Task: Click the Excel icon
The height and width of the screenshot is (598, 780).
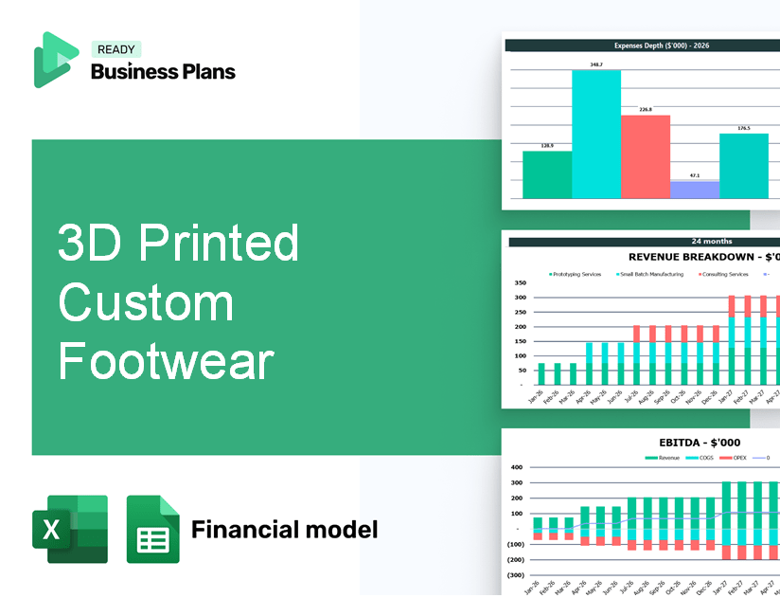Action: pos(69,529)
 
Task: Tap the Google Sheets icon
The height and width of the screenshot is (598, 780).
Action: pos(152,529)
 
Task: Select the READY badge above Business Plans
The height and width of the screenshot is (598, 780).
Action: pos(116,49)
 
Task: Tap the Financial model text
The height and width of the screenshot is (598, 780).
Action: pos(284,529)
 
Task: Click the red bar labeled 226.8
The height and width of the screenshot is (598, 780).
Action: pos(645,156)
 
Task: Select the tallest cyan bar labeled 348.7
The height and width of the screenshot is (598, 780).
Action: pos(596,134)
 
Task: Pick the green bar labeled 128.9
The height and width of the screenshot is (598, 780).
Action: pos(547,174)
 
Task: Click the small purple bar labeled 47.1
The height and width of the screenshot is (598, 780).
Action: pos(694,190)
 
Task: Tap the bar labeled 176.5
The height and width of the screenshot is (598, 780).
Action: pos(743,166)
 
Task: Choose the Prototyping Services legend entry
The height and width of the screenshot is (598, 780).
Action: pos(576,274)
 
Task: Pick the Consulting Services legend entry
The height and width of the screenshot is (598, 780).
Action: pos(725,274)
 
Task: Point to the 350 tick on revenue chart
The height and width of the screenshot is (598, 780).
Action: pos(520,282)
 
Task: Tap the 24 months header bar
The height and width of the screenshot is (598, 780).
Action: pos(644,242)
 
